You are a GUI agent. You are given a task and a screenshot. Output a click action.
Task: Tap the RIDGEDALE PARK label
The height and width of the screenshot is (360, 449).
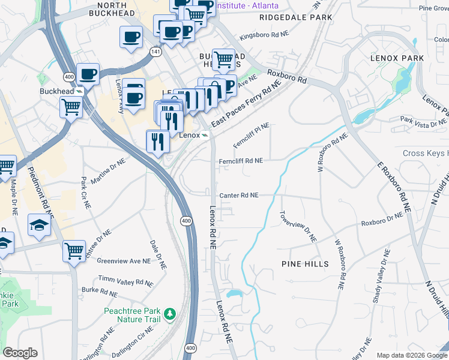(295, 18)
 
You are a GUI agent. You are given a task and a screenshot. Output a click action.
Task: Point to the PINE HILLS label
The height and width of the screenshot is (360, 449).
(305, 264)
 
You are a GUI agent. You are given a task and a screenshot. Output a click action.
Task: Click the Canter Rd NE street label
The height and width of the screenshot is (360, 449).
(239, 196)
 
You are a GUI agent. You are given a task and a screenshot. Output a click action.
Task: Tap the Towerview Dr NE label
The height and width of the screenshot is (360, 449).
(297, 227)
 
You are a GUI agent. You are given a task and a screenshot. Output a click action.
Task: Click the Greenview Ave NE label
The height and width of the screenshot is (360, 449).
(123, 261)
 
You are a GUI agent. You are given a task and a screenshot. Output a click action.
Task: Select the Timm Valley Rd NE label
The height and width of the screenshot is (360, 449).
(125, 281)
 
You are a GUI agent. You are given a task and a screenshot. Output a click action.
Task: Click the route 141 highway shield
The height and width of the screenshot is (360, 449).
(155, 53)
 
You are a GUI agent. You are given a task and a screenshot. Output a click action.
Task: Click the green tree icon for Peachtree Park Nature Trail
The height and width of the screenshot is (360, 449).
(170, 313)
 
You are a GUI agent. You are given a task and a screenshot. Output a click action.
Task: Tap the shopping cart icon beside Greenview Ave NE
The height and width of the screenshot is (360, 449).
(74, 250)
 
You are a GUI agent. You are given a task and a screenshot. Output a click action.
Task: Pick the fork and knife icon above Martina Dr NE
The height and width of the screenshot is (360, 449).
(158, 141)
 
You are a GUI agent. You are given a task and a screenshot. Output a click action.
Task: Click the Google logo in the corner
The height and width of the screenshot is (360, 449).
(20, 353)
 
